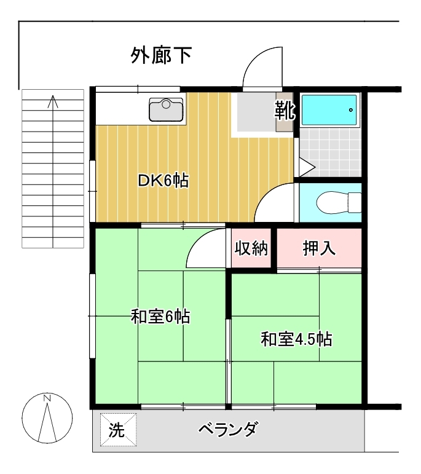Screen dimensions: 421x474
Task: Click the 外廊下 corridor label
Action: coord(162,55)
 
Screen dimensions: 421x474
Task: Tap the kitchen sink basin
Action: coord(166,109)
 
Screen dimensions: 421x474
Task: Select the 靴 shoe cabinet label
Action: coord(285,111)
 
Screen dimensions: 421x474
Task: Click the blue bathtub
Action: coord(329,110)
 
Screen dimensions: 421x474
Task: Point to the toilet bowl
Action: coord(339,202)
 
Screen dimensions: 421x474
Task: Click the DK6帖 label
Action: coord(163,181)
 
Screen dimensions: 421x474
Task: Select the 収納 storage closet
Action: coord(251,248)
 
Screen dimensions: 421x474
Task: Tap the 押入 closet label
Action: coord(319,248)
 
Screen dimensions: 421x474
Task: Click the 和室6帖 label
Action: coord(160,317)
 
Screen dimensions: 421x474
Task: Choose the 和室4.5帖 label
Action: coord(296,339)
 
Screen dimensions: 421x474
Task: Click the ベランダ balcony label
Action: coord(229,429)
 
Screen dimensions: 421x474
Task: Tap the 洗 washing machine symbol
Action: coord(118,430)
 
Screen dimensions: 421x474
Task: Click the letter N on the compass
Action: coord(47,398)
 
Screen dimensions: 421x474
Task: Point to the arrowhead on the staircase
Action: coord(53,101)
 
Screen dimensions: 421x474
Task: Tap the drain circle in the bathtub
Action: coord(351,110)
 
